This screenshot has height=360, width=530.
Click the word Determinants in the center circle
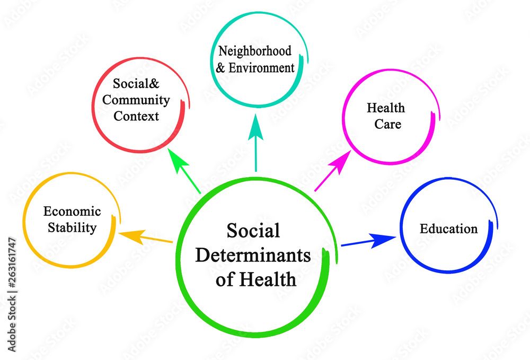click(253, 255)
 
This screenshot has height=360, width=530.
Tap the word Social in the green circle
click(253, 231)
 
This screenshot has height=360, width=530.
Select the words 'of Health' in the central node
click(255, 279)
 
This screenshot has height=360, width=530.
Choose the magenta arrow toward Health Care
click(332, 170)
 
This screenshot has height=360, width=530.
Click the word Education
click(448, 229)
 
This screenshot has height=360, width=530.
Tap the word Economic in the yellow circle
click(72, 212)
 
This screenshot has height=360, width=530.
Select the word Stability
click(72, 228)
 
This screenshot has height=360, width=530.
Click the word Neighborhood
click(255, 51)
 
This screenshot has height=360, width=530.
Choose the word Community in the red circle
click(136, 100)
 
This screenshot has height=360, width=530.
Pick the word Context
click(136, 116)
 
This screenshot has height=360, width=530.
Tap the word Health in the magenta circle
click(386, 108)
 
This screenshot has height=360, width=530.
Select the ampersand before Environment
click(222, 68)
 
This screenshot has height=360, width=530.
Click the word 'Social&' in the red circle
click(136, 83)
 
